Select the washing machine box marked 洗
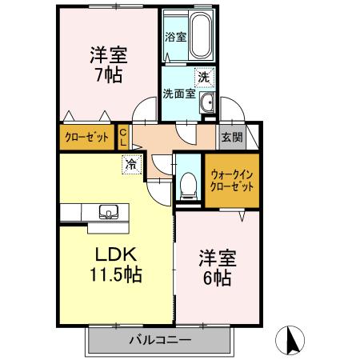[203, 77]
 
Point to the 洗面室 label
[178, 94]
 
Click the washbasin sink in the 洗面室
[206, 102]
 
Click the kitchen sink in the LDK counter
[108, 212]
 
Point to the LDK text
[117, 254]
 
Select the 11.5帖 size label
[116, 274]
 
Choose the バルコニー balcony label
[159, 340]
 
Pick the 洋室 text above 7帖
[108, 56]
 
